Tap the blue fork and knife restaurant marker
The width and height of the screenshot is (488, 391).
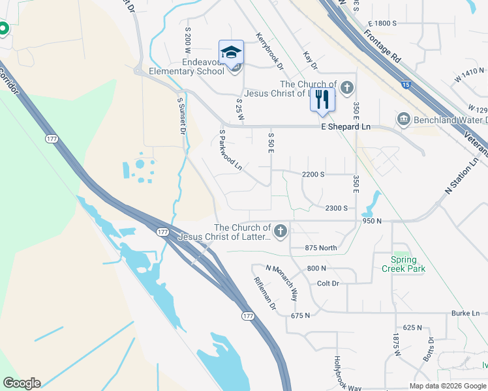[322, 100]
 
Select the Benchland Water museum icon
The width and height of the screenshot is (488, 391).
[403, 119]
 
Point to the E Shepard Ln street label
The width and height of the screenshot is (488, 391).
[345, 126]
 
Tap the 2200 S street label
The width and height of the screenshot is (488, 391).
[313, 175]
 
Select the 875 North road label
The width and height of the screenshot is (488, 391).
[321, 248]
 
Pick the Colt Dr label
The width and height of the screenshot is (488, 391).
[328, 283]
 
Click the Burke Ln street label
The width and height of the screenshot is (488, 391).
[465, 313]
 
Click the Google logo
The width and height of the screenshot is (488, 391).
[22, 383]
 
